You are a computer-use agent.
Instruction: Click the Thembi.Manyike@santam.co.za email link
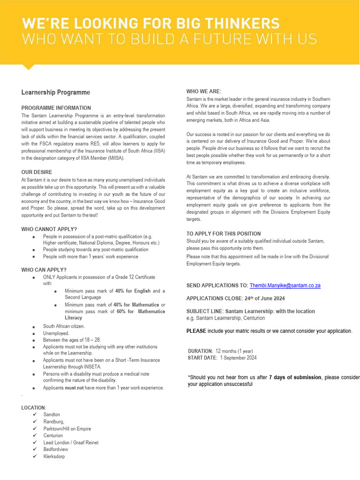(285, 285)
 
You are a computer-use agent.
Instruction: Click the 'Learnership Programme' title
(56, 92)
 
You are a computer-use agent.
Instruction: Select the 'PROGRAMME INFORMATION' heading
(56, 108)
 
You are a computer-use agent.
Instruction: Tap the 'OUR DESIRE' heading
(37, 172)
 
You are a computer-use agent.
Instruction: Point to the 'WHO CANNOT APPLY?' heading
(49, 229)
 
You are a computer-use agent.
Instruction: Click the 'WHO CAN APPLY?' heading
(44, 270)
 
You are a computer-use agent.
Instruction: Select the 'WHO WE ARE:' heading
(204, 91)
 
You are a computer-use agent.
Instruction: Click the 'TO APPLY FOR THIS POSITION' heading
(224, 233)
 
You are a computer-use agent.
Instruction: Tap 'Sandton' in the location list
(52, 414)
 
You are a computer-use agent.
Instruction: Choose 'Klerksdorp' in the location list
(54, 456)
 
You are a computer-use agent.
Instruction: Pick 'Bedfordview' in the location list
(56, 449)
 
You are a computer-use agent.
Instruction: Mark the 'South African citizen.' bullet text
(64, 326)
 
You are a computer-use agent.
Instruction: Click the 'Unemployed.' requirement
(56, 333)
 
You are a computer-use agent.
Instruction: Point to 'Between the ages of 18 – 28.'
(72, 340)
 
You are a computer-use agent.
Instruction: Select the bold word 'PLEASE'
(196, 331)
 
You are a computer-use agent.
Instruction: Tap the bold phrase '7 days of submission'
(295, 378)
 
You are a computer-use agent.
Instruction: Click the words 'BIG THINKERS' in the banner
(219, 23)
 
